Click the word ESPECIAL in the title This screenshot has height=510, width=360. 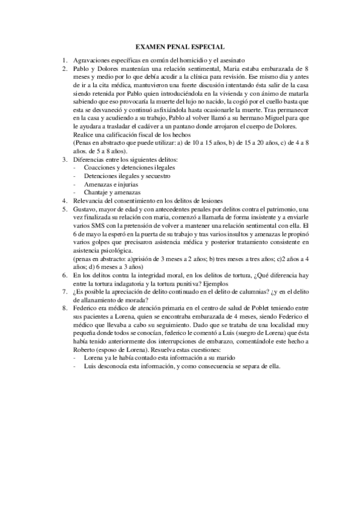204,46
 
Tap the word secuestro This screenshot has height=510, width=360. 156,176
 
